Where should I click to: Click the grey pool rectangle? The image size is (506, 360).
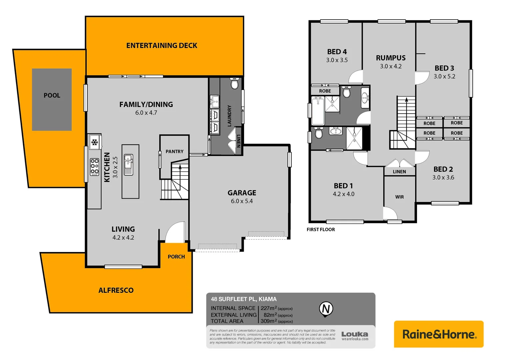tap(52, 99)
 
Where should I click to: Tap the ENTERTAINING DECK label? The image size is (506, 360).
tap(162, 46)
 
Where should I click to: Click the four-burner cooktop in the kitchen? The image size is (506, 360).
tap(95, 167)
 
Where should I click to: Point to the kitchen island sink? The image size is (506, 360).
tap(129, 164)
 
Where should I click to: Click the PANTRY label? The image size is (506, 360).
tap(174, 151)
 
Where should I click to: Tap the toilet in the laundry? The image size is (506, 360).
tap(235, 84)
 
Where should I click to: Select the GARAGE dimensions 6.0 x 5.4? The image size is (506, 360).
tap(242, 201)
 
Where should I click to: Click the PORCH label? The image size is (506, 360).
tap(176, 257)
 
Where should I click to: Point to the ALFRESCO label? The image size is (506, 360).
tap(116, 290)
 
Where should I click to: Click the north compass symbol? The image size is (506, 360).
tap(326, 309)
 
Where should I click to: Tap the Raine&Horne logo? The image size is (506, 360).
tap(439, 334)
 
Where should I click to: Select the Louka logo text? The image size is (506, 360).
tap(355, 334)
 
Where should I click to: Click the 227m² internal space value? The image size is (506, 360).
tap(269, 308)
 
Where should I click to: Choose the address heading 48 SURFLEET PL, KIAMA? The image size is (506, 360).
tap(244, 299)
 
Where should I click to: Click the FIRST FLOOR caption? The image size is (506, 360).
tap(321, 229)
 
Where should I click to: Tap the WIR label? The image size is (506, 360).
tap(399, 197)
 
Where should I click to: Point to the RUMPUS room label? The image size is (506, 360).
tap(391, 58)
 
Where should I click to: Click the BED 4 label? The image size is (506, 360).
tap(337, 52)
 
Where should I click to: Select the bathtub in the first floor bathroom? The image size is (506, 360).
tap(318, 111)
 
